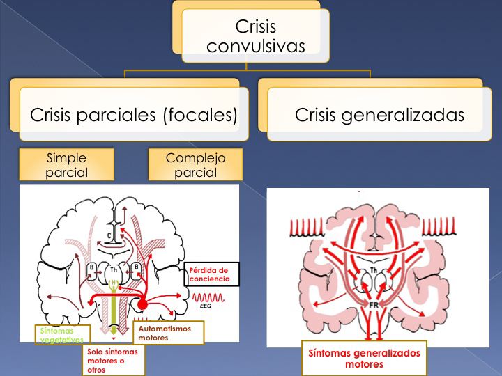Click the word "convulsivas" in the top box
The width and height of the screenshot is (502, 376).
point(256,47)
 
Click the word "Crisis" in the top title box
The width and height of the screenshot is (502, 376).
point(256,27)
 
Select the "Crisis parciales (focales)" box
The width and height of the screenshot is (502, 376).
point(133,115)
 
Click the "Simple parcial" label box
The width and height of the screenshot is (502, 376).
point(66,165)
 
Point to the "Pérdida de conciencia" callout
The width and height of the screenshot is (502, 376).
point(212,274)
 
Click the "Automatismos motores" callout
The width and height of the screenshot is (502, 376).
point(167,332)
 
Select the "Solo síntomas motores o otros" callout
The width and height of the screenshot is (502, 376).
point(113,361)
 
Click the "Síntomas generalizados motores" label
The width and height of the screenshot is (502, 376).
point(364,358)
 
